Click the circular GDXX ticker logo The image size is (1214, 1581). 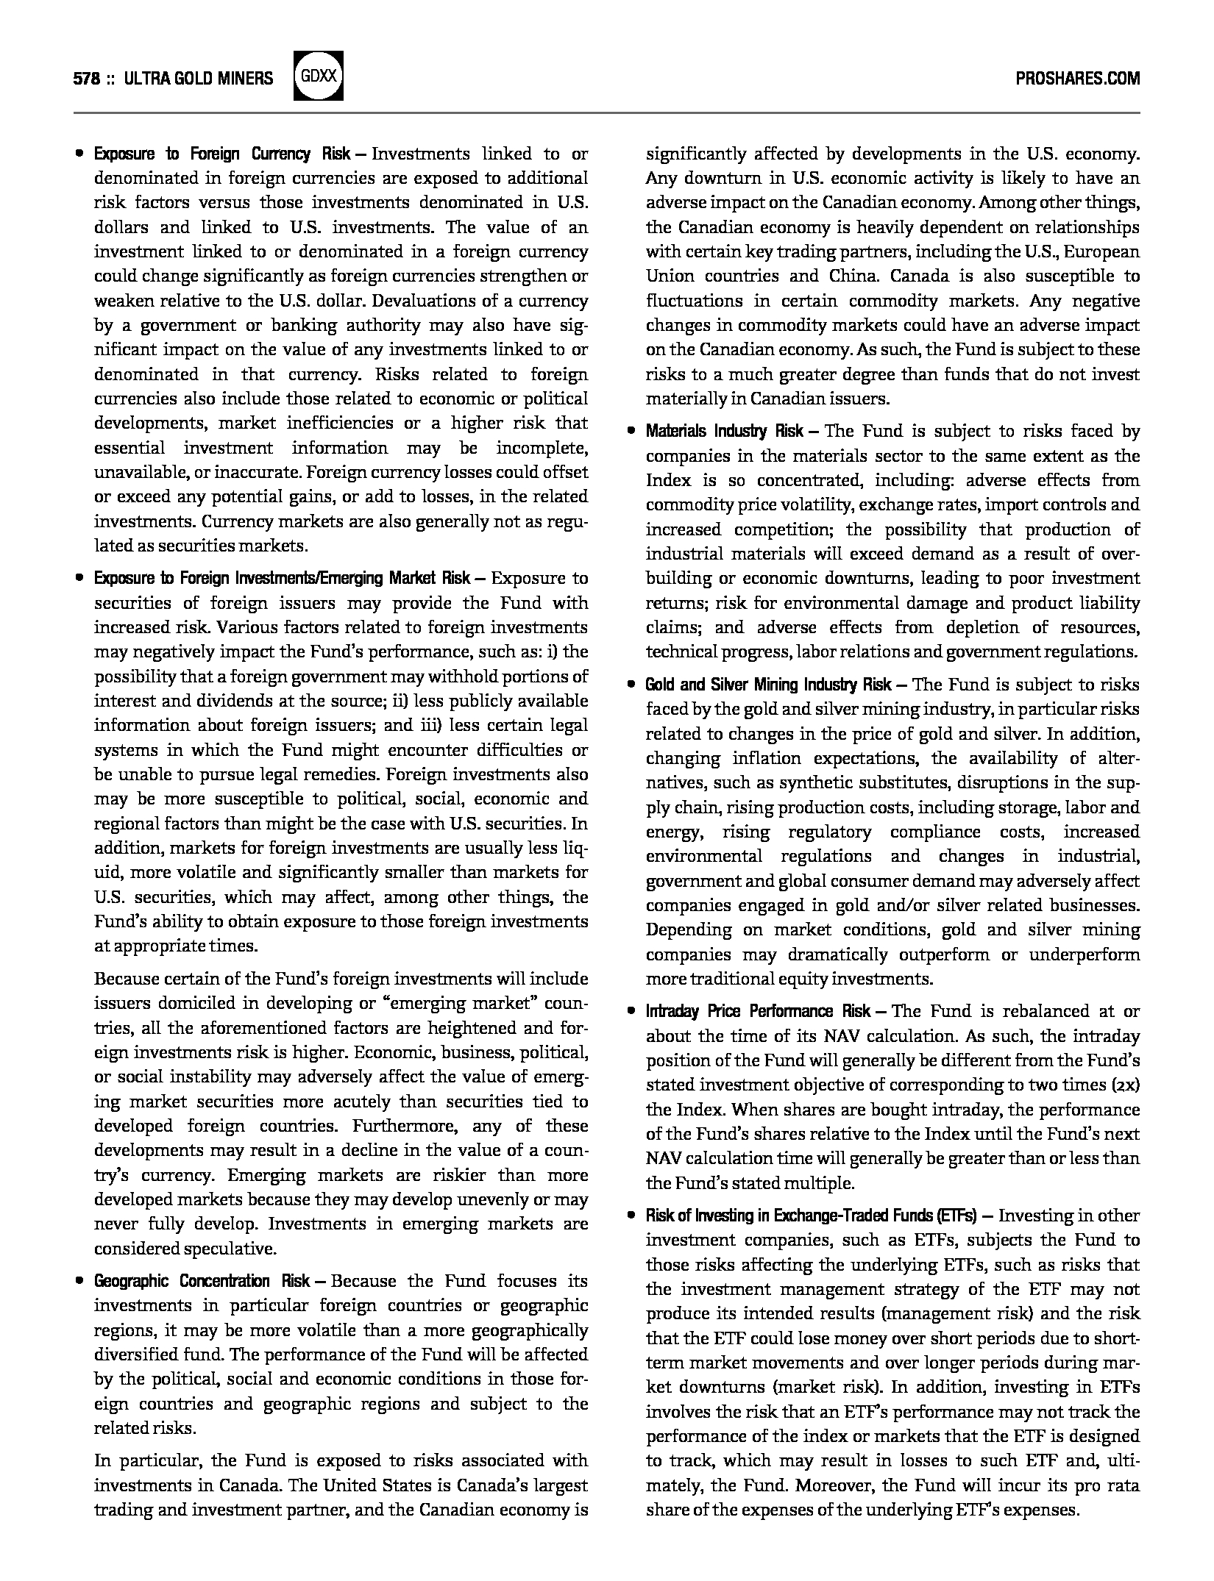(x=318, y=76)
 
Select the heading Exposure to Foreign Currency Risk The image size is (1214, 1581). (x=222, y=154)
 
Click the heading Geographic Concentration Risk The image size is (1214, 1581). (x=202, y=1281)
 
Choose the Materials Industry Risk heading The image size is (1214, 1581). (x=724, y=431)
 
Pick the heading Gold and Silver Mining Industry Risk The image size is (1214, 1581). (x=768, y=685)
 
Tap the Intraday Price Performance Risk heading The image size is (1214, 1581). (x=758, y=1011)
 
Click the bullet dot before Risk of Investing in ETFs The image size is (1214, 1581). (x=631, y=1216)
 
